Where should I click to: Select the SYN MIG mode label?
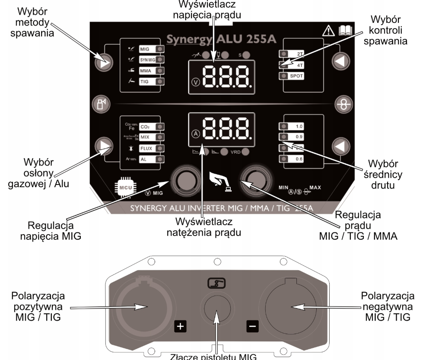pos(146,59)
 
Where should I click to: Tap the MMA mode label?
pos(145,70)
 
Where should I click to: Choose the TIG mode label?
pos(144,81)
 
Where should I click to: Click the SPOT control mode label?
pos(299,76)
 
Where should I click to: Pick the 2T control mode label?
pos(299,54)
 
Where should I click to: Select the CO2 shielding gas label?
pos(144,127)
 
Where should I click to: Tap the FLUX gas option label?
pos(145,149)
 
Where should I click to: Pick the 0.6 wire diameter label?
pos(299,159)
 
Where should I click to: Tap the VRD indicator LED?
pos(246,152)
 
